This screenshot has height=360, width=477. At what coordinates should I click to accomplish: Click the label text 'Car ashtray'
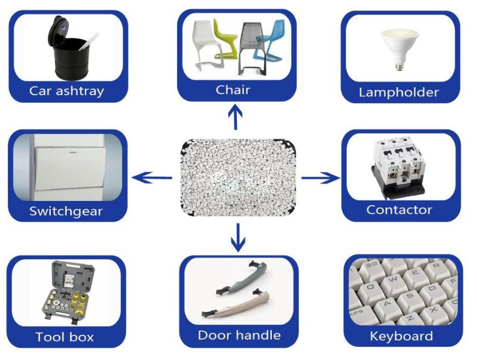[x=67, y=91]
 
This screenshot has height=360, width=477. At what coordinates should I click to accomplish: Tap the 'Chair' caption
[x=233, y=90]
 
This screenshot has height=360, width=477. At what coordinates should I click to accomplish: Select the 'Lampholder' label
[x=399, y=92]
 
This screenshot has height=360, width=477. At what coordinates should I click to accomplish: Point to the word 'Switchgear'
[x=66, y=211]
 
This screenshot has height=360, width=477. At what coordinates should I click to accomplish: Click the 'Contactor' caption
[x=399, y=210]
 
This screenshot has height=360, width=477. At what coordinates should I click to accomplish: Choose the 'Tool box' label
[x=64, y=337]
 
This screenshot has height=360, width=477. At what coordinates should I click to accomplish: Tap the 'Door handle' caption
[x=238, y=335]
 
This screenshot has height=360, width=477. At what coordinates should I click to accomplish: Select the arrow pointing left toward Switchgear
[x=151, y=177]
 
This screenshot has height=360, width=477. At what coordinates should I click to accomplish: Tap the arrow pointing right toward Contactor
[x=320, y=177]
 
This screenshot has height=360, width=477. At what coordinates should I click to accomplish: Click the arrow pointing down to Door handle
[x=238, y=237]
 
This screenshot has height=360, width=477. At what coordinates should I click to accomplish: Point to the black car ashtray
[x=70, y=55]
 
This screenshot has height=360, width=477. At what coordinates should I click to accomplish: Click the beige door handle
[x=238, y=304]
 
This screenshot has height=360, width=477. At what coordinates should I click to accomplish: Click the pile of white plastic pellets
[x=237, y=177]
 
